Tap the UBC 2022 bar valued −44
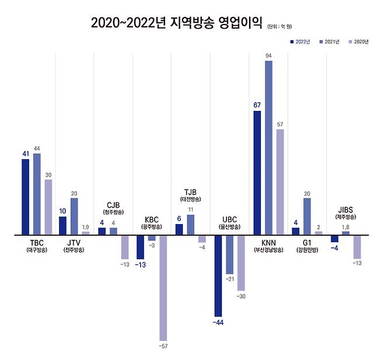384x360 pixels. [218, 275]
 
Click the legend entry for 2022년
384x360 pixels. [300, 42]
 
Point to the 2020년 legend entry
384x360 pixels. [358, 42]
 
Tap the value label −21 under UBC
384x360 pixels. [230, 279]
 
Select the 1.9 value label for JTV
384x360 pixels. [86, 227]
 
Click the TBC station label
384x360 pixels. [36, 242]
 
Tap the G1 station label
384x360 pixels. [306, 242]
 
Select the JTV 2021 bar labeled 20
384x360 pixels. [74, 216]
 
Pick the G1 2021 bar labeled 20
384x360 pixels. [307, 216]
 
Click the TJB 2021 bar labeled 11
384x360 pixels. [190, 225]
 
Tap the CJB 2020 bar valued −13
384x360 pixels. [125, 247]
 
